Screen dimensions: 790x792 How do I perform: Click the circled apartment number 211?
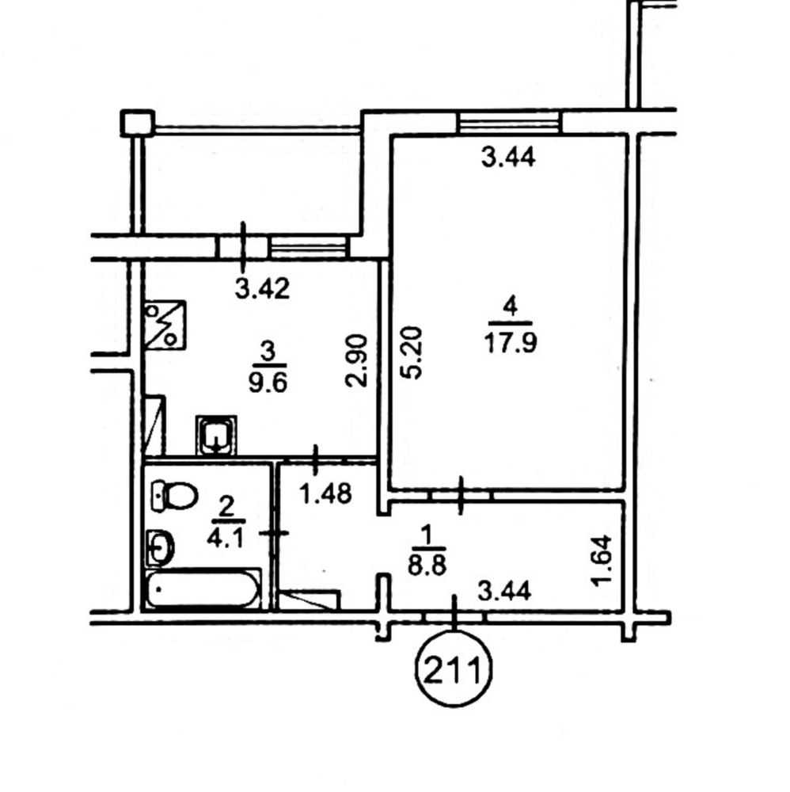click(453, 670)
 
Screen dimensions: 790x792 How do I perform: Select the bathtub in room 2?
click(203, 588)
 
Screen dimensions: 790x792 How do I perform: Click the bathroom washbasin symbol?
click(160, 547)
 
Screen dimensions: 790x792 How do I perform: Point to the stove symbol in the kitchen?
click(165, 325)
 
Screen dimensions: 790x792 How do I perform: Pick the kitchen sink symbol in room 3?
click(216, 435)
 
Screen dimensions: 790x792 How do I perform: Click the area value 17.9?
click(511, 344)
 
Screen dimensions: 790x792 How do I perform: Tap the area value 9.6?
click(268, 383)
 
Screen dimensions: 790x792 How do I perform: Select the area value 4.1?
click(225, 539)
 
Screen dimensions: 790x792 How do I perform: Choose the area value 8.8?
click(427, 565)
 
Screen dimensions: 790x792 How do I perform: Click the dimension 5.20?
click(412, 353)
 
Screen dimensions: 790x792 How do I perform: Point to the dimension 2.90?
click(356, 360)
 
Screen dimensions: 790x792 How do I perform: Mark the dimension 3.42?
click(263, 289)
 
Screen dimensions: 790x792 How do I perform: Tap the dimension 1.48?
click(325, 493)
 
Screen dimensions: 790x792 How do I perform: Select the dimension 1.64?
click(602, 561)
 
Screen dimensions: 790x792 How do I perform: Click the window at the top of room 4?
click(510, 122)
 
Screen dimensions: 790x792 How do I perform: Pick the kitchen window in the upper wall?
click(310, 247)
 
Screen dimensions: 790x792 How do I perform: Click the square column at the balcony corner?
click(137, 124)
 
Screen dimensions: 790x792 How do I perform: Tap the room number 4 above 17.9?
click(511, 307)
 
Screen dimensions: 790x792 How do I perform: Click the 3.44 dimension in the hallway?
click(504, 591)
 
